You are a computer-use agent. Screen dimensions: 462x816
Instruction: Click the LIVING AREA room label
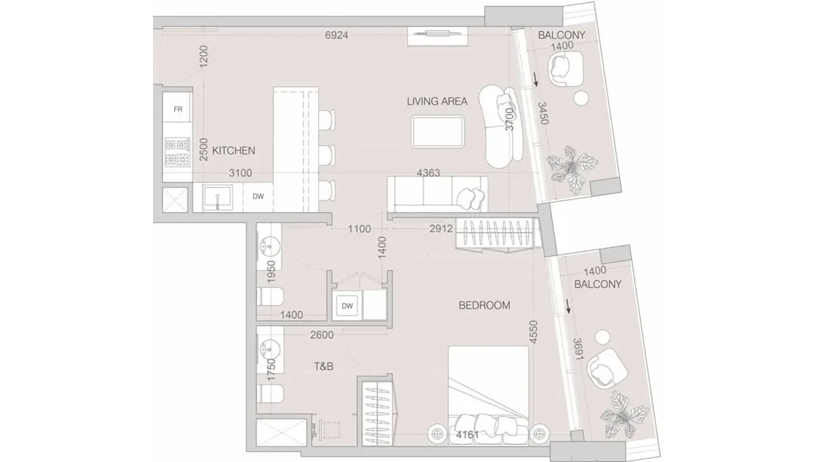tap(437, 102)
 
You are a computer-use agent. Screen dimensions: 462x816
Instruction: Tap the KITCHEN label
tap(233, 150)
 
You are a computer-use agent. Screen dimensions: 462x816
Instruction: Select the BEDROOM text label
tap(484, 306)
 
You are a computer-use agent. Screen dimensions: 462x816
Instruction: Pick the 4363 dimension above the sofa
tap(428, 173)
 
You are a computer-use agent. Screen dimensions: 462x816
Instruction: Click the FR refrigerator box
tap(178, 109)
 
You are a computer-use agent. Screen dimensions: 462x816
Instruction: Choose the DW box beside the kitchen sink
tap(258, 197)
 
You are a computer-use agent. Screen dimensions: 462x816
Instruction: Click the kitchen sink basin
tap(218, 198)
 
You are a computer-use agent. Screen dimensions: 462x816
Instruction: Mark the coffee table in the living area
tap(439, 130)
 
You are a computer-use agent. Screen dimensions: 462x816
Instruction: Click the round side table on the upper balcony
tap(581, 99)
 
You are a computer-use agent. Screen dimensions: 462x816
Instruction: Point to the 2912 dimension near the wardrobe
tap(441, 230)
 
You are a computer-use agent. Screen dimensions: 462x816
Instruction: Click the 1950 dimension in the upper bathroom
tap(271, 272)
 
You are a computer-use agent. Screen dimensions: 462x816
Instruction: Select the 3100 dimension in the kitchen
tap(240, 174)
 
